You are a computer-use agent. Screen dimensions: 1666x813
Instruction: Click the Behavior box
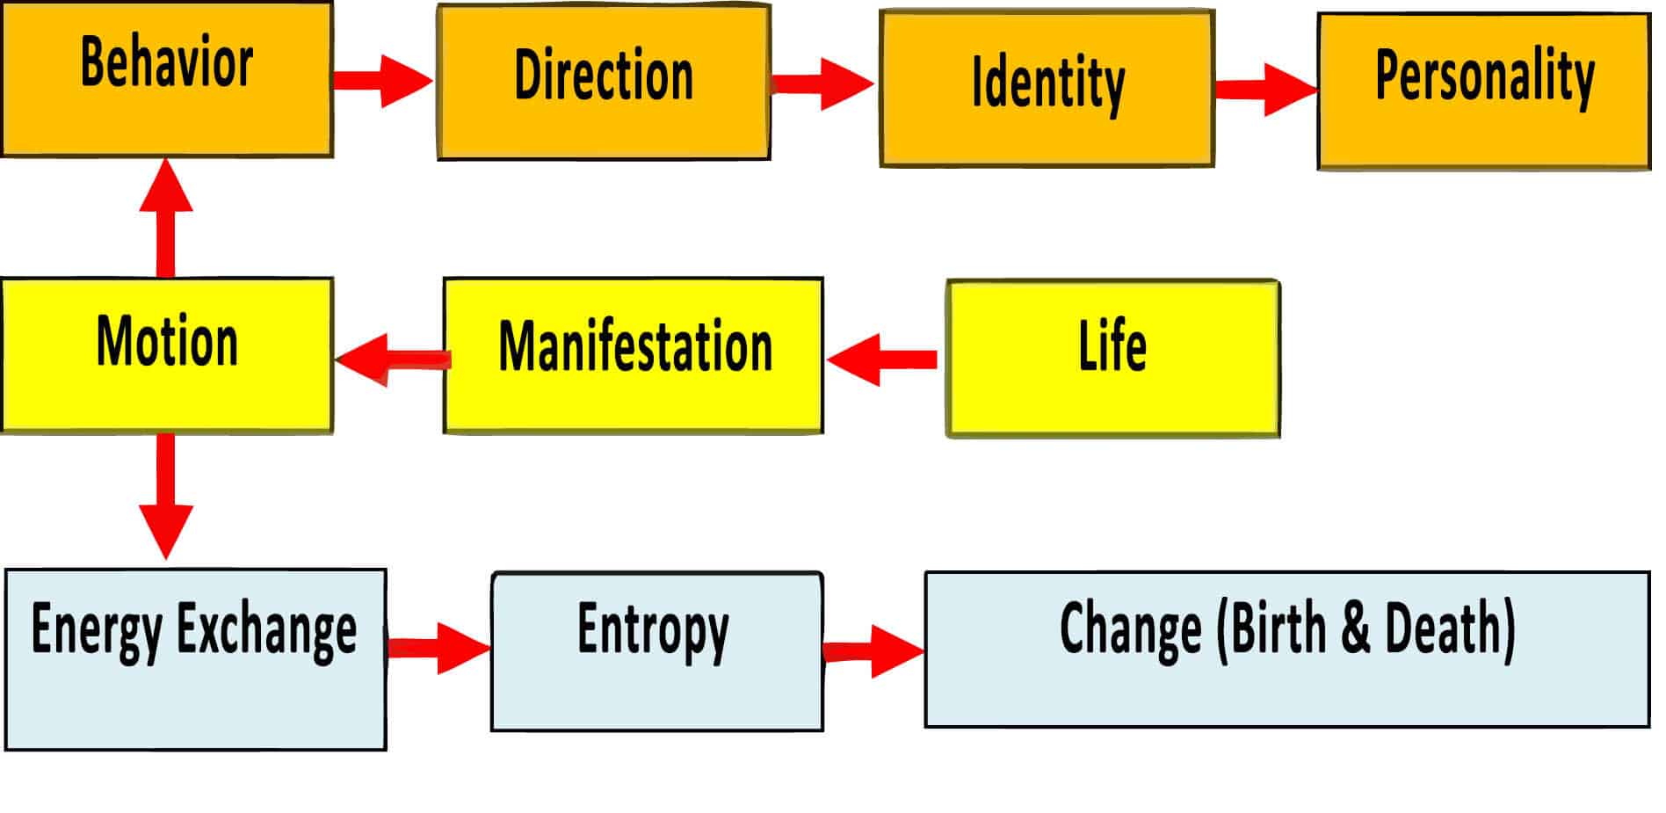(167, 79)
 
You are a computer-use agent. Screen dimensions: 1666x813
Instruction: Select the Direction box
(605, 83)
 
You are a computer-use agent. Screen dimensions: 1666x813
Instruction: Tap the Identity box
(1047, 89)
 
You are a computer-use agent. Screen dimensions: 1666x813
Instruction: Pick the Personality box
(1483, 91)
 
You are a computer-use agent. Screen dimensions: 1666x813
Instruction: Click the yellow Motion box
(167, 355)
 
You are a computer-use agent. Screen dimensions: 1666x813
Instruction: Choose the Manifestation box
(634, 356)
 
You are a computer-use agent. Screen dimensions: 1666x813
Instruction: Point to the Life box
(1112, 359)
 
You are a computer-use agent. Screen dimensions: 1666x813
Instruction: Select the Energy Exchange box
(195, 659)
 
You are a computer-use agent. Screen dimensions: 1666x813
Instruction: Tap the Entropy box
(657, 651)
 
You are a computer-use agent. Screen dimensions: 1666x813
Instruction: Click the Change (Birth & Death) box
(1287, 650)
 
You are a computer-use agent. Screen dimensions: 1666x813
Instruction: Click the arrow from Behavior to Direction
(384, 81)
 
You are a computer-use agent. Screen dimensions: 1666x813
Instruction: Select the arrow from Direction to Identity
(823, 84)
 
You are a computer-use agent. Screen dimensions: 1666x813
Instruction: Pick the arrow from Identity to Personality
(1267, 89)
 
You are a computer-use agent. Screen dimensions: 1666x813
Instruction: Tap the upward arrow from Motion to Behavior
(166, 218)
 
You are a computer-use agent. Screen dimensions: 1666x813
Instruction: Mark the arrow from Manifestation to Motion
(393, 359)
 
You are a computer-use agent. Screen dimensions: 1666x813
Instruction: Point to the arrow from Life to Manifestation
(882, 359)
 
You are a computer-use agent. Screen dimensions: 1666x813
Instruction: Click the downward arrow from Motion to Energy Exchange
(166, 497)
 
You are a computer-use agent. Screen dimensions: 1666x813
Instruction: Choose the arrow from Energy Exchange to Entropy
(439, 649)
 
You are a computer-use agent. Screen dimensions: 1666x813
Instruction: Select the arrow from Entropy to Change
(874, 651)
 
